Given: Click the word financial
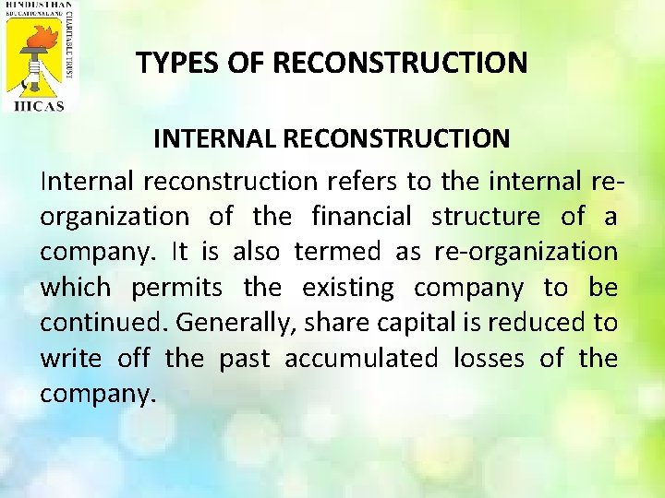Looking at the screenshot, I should pyautogui.click(x=362, y=216).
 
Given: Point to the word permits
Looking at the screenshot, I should pyautogui.click(x=176, y=287).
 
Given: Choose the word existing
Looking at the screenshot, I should pyautogui.click(x=347, y=287).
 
